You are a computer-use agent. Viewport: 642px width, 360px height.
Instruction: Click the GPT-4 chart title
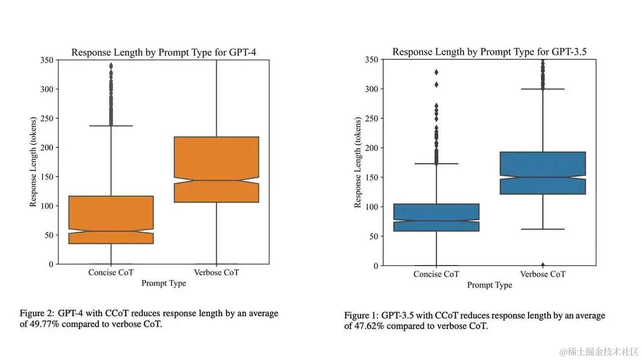pos(163,52)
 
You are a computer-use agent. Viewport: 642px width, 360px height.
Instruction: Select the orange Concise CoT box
pos(111,219)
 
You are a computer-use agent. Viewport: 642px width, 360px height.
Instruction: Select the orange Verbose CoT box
pos(216,169)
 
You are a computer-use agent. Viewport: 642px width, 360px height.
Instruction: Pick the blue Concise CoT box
pos(436,217)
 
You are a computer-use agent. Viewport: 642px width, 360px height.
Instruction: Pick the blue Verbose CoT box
pos(543,173)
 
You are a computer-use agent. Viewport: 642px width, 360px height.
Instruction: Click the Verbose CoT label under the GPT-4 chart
pos(216,272)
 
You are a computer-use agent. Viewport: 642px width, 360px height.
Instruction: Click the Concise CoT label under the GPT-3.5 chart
pos(436,274)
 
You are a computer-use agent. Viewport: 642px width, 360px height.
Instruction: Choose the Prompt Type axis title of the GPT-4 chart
pos(163,283)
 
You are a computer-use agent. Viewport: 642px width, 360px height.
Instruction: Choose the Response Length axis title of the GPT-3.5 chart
pos(357,163)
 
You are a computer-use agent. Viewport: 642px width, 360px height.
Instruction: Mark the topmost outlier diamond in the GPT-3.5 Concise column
pos(436,72)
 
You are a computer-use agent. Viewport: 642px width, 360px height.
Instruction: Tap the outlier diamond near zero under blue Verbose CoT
pos(543,265)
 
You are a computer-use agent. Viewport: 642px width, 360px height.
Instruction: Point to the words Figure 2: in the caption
pos(37,314)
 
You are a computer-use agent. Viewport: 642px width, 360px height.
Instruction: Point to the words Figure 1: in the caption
pos(361,316)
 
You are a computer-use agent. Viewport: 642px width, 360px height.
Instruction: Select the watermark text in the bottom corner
pos(598,351)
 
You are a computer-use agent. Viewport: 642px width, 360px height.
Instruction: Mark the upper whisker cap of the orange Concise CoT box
pos(111,126)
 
